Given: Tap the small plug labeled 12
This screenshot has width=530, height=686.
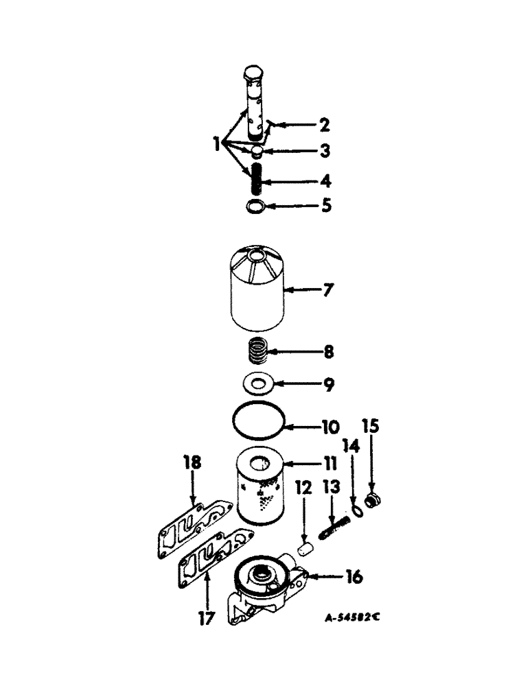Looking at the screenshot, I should pos(307,548).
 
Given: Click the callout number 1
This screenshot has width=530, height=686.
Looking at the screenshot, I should pos(217,145).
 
